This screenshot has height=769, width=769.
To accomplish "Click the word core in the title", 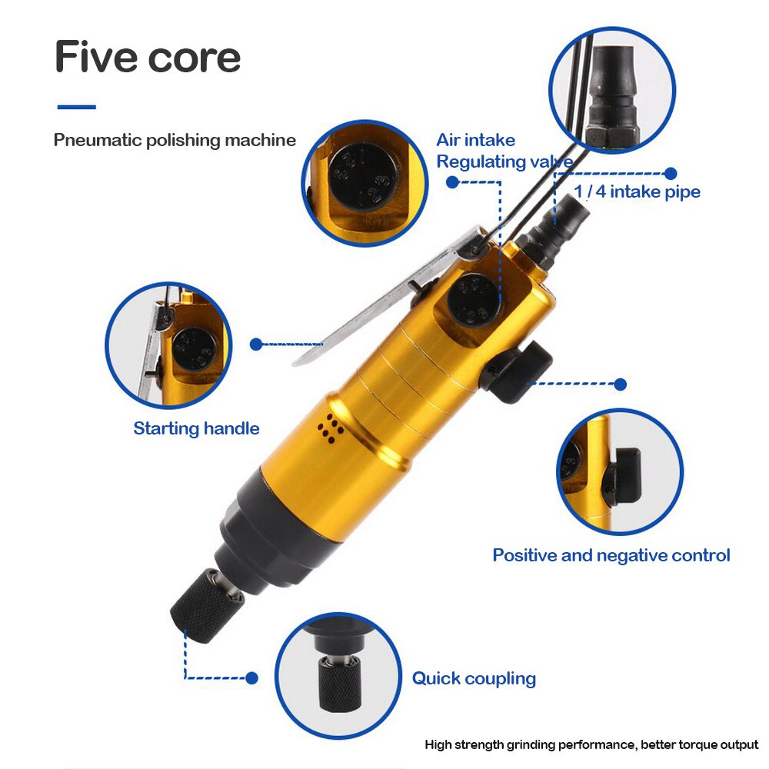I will (196, 59).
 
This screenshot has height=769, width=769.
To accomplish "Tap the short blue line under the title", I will (76, 107).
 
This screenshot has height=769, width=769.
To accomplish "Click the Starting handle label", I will (196, 428).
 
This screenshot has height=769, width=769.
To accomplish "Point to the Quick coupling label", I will (474, 678).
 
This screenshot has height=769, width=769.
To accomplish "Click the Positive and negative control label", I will (611, 555).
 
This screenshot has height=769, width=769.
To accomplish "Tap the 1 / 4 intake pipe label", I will (638, 191).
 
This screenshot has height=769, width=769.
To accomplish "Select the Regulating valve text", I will (504, 161).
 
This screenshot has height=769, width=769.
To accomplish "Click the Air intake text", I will (475, 140).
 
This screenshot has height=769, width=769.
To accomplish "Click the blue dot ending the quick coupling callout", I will (251, 678).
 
